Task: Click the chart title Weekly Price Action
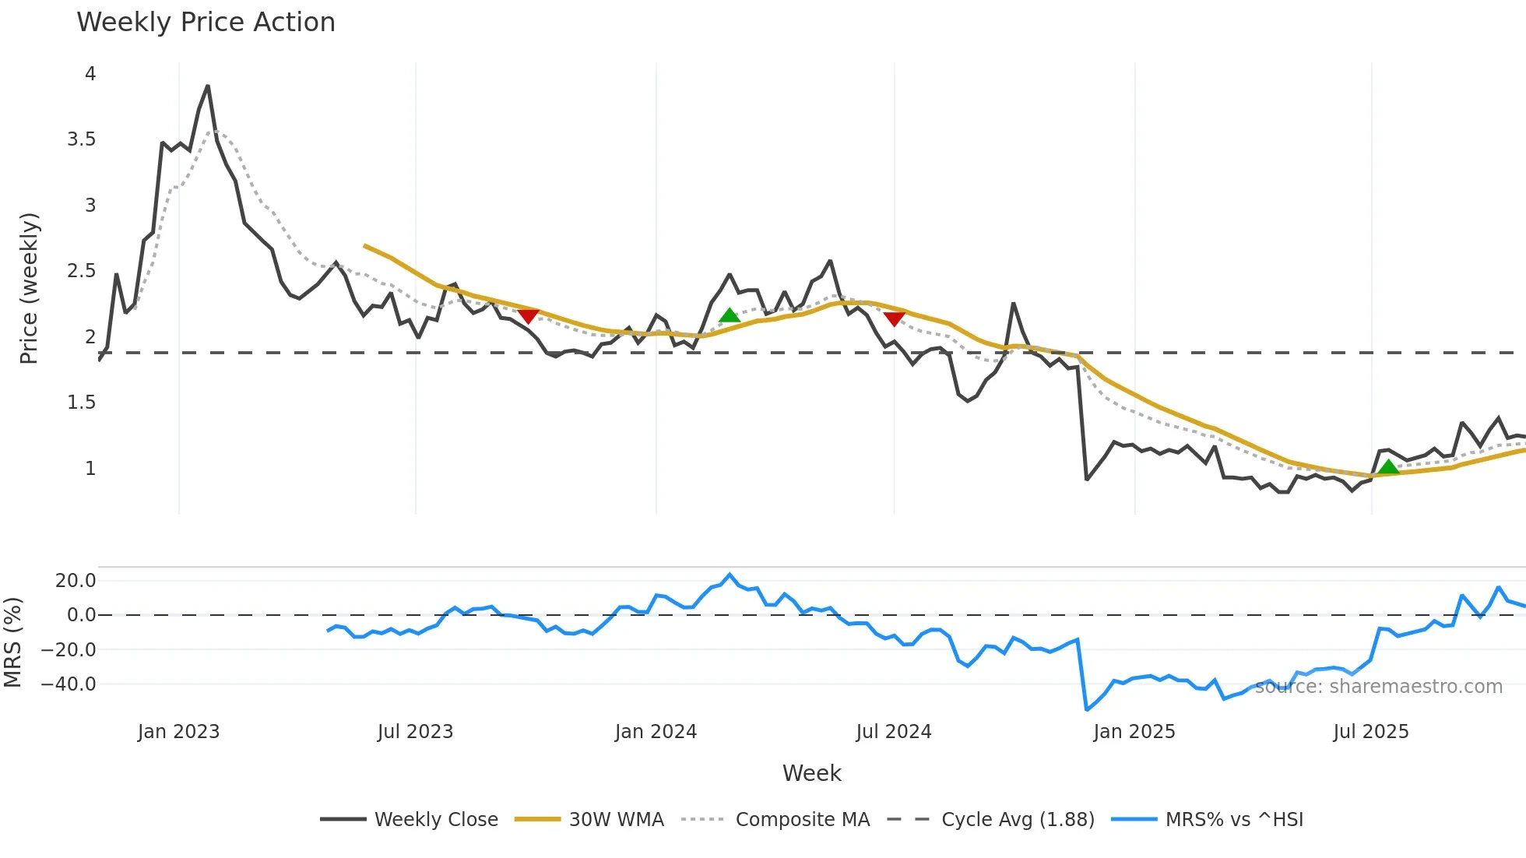[206, 23]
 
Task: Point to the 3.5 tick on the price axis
[82, 139]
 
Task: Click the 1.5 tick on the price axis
[82, 403]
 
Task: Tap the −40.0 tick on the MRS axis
[69, 684]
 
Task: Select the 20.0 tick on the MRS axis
[76, 580]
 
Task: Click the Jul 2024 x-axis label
[893, 732]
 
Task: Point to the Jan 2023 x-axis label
[178, 732]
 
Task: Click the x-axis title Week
[811, 773]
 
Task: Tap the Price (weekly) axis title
[29, 288]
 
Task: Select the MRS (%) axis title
[12, 642]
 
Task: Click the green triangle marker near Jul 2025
[1387, 467]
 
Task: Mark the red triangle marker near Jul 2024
[894, 318]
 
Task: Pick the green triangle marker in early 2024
[729, 315]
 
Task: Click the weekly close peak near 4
[207, 86]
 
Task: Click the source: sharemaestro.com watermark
[1378, 687]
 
